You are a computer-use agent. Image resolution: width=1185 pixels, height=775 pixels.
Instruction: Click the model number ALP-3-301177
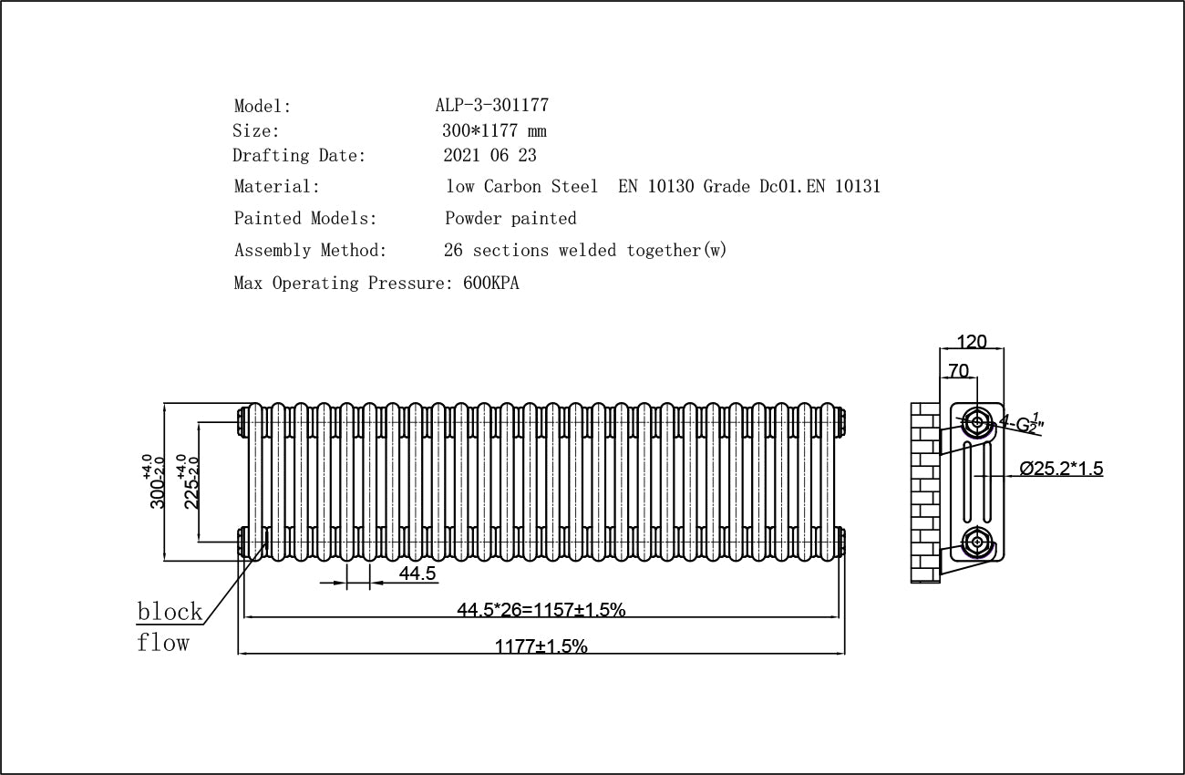click(491, 106)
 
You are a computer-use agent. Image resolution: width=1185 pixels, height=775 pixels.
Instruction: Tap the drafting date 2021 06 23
click(489, 156)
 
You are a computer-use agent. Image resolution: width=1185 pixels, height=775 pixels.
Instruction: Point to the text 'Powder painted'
click(510, 219)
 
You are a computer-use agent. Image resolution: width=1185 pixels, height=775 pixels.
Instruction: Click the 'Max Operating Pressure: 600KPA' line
click(376, 284)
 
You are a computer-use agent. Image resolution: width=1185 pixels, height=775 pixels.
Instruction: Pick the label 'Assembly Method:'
click(310, 251)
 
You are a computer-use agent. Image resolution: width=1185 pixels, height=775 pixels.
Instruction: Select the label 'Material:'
click(277, 187)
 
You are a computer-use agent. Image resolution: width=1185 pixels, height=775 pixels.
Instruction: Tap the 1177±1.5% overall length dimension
click(541, 646)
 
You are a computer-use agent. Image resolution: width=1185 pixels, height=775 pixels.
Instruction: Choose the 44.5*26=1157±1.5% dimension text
click(541, 610)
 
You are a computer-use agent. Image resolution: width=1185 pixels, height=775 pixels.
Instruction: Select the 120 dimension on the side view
click(972, 342)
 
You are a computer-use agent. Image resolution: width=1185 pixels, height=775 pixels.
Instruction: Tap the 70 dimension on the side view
click(958, 370)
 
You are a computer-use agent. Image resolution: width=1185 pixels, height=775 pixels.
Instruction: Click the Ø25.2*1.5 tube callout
click(1061, 469)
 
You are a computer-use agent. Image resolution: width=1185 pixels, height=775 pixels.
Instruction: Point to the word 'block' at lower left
click(170, 611)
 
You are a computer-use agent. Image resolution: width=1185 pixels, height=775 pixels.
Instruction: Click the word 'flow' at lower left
click(163, 643)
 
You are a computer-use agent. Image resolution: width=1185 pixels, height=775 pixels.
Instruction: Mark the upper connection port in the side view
click(977, 421)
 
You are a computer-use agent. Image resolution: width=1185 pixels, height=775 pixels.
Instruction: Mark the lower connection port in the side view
click(977, 542)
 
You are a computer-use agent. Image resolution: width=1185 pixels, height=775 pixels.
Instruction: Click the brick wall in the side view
click(925, 492)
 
